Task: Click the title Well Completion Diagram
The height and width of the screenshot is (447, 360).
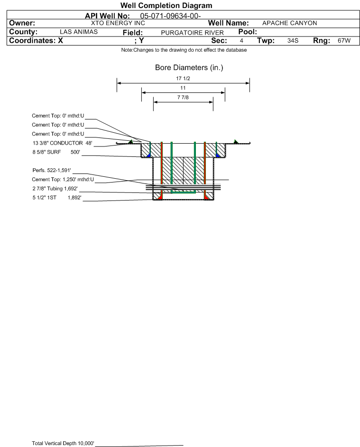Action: pyautogui.click(x=166, y=5)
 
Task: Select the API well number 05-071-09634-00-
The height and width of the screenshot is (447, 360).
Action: pyautogui.click(x=170, y=16)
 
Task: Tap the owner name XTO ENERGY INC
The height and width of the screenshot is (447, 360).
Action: pyautogui.click(x=118, y=23)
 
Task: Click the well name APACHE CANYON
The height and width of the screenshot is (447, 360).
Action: pyautogui.click(x=289, y=23)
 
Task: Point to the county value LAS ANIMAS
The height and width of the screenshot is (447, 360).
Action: pyautogui.click(x=79, y=32)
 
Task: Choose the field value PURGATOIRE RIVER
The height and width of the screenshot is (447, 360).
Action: pyautogui.click(x=192, y=33)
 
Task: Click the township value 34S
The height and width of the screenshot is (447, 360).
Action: pyautogui.click(x=293, y=40)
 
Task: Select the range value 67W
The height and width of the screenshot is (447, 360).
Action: pyautogui.click(x=344, y=40)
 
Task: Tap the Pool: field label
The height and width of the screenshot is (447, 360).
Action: pyautogui.click(x=248, y=32)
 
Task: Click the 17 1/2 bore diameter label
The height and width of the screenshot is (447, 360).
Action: pyautogui.click(x=183, y=78)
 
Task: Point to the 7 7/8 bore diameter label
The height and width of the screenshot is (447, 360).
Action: pyautogui.click(x=183, y=97)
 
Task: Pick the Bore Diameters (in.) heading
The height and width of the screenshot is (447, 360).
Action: pyautogui.click(x=189, y=68)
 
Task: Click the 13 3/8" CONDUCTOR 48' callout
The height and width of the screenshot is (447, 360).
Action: pyautogui.click(x=62, y=143)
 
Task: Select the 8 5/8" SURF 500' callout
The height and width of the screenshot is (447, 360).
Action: pyautogui.click(x=56, y=152)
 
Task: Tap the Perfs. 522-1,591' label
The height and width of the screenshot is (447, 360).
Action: pyautogui.click(x=52, y=171)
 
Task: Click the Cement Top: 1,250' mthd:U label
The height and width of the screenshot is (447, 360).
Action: pyautogui.click(x=63, y=180)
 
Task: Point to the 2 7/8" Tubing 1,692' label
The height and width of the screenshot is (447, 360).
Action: pyautogui.click(x=55, y=189)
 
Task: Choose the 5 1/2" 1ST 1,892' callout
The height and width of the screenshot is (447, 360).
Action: pyautogui.click(x=57, y=198)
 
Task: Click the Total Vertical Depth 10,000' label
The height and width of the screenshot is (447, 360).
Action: pyautogui.click(x=63, y=443)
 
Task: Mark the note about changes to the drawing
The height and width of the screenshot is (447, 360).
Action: pyautogui.click(x=184, y=50)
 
